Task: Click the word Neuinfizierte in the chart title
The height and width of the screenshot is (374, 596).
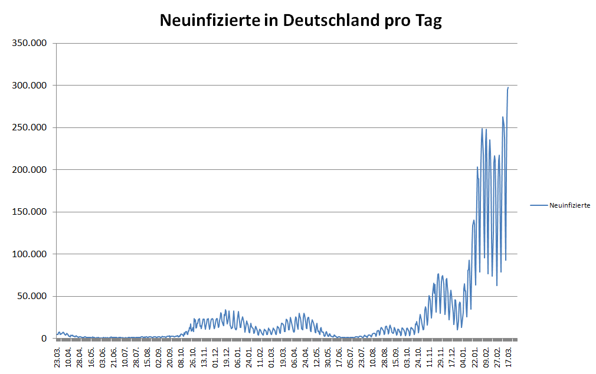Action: tap(209, 21)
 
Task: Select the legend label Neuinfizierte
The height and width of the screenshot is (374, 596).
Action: tap(569, 205)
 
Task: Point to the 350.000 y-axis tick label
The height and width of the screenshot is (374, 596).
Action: tap(29, 44)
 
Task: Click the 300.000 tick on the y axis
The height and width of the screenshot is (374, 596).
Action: tap(29, 86)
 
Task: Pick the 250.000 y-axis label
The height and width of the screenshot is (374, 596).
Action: tap(29, 128)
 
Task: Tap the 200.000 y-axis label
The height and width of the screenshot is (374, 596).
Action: tap(29, 170)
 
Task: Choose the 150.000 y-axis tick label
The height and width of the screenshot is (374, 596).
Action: tap(29, 212)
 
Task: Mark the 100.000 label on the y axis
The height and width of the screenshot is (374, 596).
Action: tap(29, 254)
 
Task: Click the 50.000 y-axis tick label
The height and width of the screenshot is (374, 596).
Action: tap(31, 297)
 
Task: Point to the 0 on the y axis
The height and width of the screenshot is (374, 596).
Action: tap(44, 339)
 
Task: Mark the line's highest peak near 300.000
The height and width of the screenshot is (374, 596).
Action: tap(508, 87)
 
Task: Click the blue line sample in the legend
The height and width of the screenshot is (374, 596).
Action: tap(539, 205)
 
